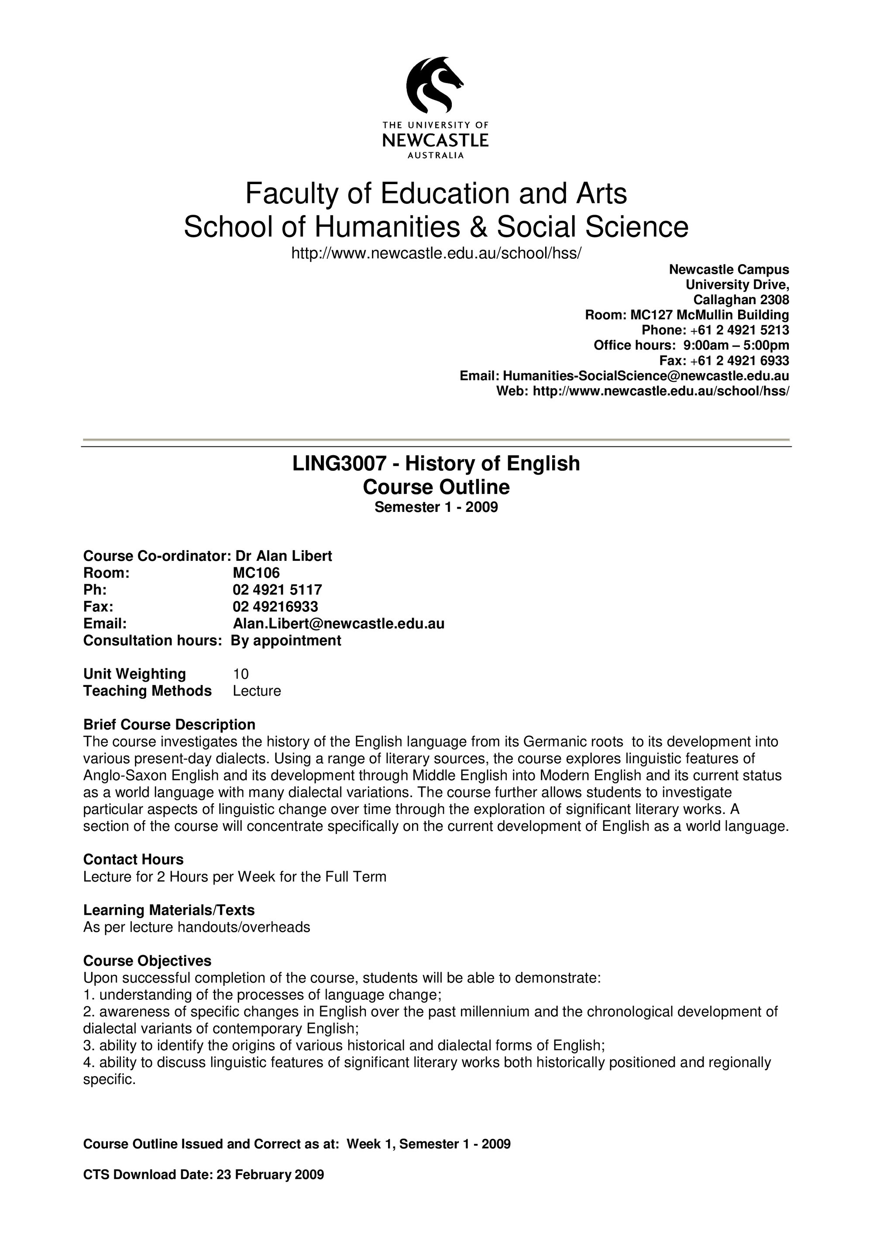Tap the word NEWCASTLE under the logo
click(x=435, y=141)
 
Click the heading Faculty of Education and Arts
click(x=436, y=194)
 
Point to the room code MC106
click(x=256, y=573)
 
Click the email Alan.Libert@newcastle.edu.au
click(x=338, y=624)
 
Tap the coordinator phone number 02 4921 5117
click(x=277, y=590)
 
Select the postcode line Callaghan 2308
click(x=741, y=300)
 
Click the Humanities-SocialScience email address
click(x=646, y=375)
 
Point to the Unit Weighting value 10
click(x=241, y=674)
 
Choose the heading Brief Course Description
click(x=169, y=724)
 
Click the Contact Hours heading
click(x=134, y=859)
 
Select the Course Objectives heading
click(x=148, y=961)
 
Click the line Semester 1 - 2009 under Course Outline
click(x=436, y=507)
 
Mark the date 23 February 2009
click(x=270, y=1189)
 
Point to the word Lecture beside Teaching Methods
click(x=257, y=691)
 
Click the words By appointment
click(x=286, y=640)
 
